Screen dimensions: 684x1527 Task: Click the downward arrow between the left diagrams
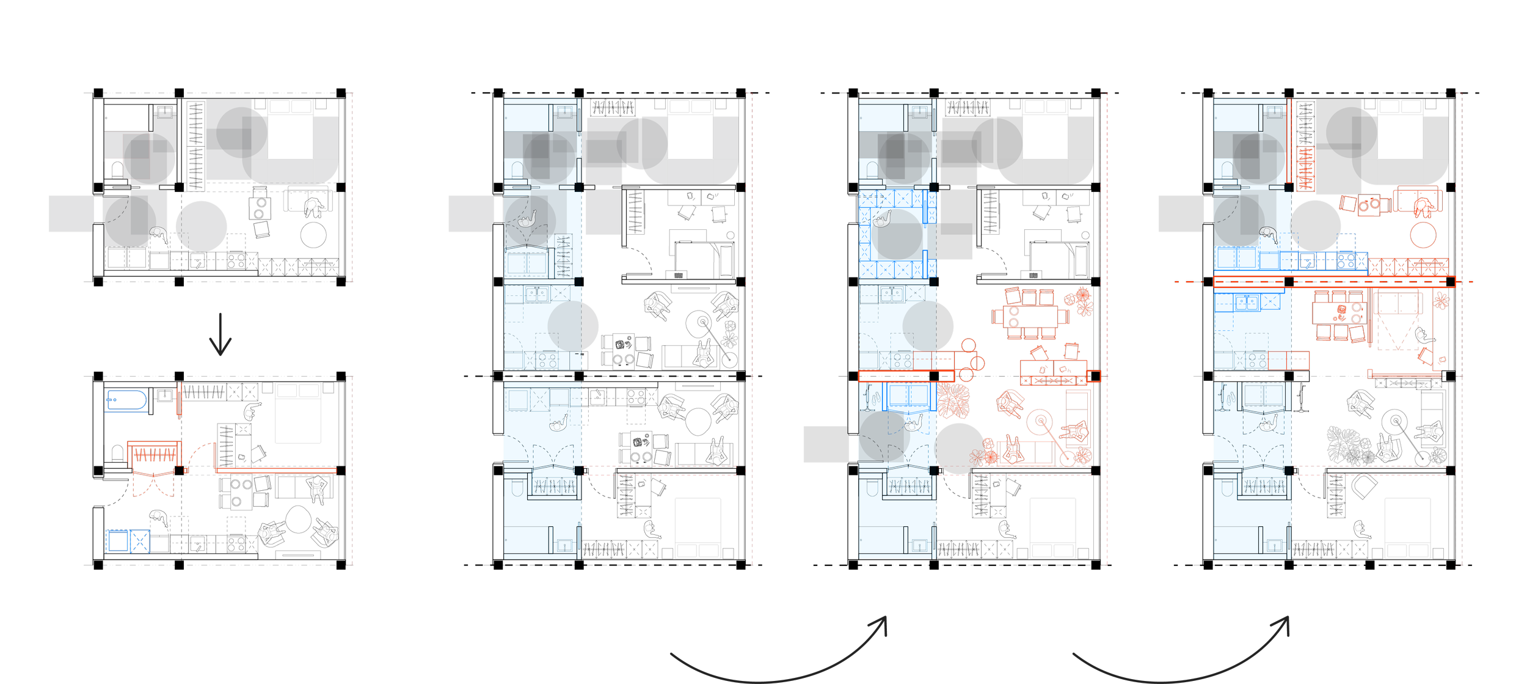pyautogui.click(x=220, y=335)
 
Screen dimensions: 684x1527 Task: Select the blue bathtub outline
pyautogui.click(x=126, y=400)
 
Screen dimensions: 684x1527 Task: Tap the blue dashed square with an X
pyautogui.click(x=140, y=542)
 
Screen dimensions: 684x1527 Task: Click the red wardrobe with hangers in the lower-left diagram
pyautogui.click(x=154, y=454)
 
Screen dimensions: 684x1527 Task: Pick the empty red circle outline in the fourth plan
pyautogui.click(x=1423, y=235)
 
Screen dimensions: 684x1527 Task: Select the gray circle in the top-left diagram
pyautogui.click(x=201, y=226)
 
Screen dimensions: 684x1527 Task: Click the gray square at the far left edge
pyautogui.click(x=71, y=214)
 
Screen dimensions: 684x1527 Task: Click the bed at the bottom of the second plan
pyautogui.click(x=698, y=528)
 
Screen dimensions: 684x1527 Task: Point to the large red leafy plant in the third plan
pyautogui.click(x=953, y=400)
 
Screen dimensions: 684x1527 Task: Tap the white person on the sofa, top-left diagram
pyautogui.click(x=315, y=208)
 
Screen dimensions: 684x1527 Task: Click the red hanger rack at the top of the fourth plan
pyautogui.click(x=1305, y=169)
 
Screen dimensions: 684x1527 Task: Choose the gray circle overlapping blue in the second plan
pyautogui.click(x=573, y=326)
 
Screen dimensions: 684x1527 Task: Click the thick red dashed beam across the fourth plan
pyautogui.click(x=1335, y=282)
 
